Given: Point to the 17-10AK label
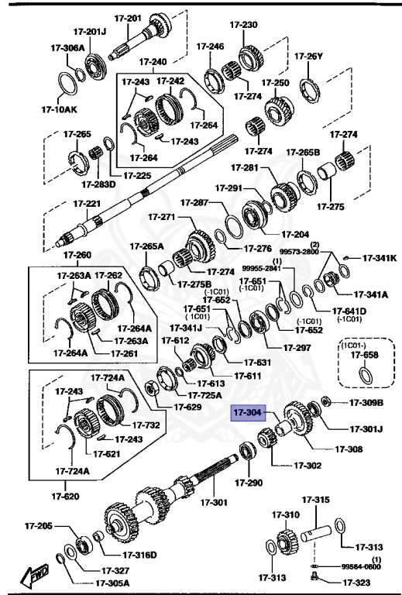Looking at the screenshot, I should tap(39, 109).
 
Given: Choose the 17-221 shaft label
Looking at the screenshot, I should tap(87, 204).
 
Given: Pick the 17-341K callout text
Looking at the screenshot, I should tap(380, 258).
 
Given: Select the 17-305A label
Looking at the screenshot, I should tap(112, 583).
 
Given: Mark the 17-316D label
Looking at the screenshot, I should tap(140, 554).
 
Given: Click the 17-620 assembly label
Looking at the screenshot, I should tap(66, 495).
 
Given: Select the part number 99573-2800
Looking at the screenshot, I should tap(299, 252).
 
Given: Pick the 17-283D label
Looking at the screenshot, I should tap(98, 184).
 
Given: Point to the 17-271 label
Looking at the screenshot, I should tap(163, 217).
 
